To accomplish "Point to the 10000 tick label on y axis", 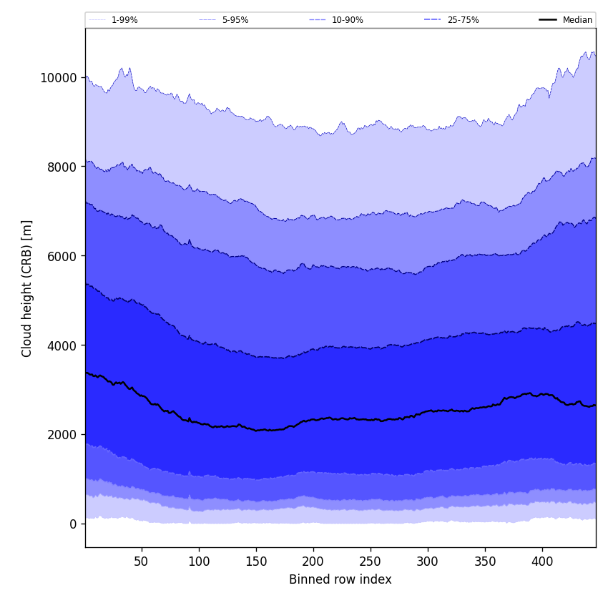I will tap(59, 77).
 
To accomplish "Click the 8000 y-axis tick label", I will tap(62, 167).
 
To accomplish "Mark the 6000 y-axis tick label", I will tap(62, 256).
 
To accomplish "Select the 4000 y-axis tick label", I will tap(62, 345).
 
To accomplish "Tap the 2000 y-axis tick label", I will tap(62, 434).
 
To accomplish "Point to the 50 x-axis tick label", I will tap(142, 562).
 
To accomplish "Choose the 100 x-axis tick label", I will tap(199, 562).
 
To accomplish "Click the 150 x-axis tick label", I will tap(256, 562).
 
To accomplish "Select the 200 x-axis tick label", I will tap(313, 562).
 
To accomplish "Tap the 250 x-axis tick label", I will tap(371, 562).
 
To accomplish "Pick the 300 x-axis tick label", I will tap(428, 562).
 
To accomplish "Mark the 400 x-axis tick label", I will tap(542, 562).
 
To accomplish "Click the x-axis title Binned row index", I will tap(340, 579).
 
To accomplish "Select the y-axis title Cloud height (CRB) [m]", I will tap(27, 288).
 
